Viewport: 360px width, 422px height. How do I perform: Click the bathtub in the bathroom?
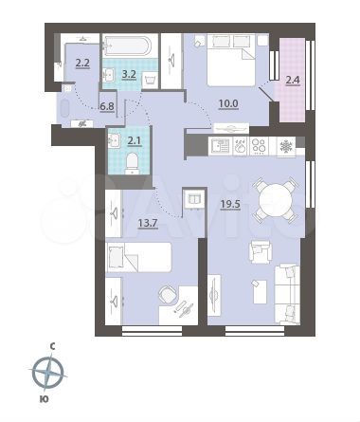(x=127, y=46)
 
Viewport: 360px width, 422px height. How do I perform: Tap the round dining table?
(x=275, y=200)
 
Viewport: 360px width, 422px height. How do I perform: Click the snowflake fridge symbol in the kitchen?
(x=287, y=147)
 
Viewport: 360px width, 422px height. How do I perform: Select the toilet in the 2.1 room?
(x=132, y=163)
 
